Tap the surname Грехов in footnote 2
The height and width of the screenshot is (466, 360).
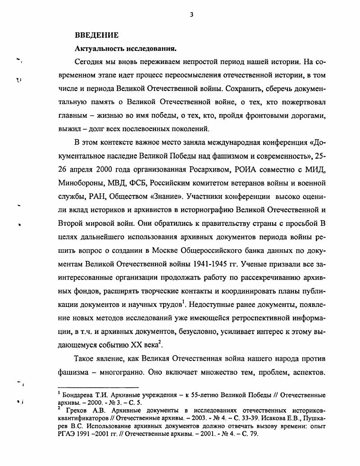click(x=76, y=410)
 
